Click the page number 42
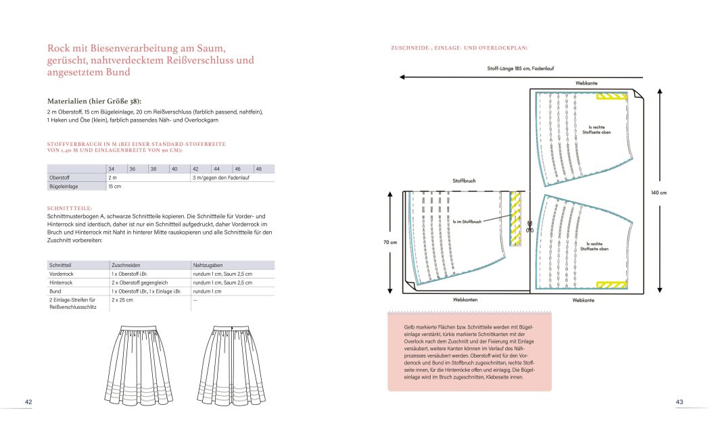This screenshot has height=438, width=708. (x=28, y=402)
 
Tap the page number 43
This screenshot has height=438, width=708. (x=679, y=402)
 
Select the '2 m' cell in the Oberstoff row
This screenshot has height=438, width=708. (x=112, y=177)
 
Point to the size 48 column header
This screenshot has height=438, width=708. (x=258, y=168)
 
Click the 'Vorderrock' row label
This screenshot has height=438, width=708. (x=60, y=274)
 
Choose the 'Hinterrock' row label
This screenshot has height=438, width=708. (x=60, y=283)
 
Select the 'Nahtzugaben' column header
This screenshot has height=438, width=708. (x=208, y=265)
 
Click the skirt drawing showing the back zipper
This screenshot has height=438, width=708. (x=239, y=364)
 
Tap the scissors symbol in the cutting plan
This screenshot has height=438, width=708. (x=529, y=227)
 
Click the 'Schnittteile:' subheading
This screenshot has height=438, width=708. (x=70, y=208)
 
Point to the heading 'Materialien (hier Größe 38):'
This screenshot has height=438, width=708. (x=94, y=100)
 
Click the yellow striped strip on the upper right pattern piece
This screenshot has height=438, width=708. (x=611, y=97)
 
